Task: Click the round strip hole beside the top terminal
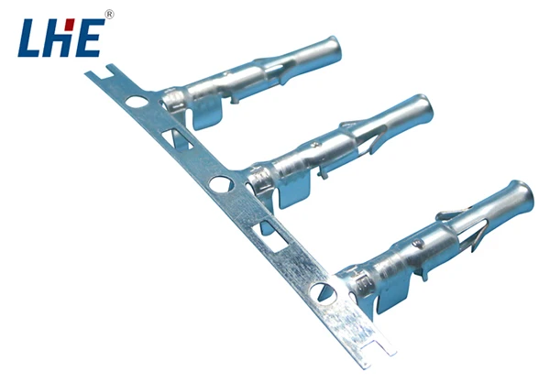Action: [x=136, y=104]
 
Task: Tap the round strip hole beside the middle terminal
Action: [x=221, y=184]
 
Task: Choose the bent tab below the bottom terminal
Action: [x=394, y=299]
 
